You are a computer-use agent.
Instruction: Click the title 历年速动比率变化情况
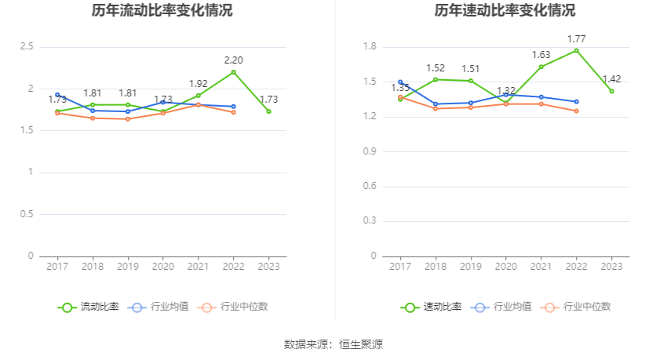(505, 11)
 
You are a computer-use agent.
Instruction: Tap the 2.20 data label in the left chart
(233, 60)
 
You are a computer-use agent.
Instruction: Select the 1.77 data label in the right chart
(576, 38)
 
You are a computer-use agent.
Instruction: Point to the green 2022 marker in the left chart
(233, 72)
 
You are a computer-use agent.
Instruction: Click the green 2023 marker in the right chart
(611, 91)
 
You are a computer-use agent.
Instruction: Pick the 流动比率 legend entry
(89, 307)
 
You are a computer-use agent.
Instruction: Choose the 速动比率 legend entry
(432, 307)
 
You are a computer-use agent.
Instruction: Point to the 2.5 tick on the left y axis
(27, 47)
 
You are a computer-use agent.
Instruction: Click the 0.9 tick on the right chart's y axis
(370, 151)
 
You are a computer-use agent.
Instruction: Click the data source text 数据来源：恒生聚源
(333, 344)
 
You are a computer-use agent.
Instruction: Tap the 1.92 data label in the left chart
(198, 83)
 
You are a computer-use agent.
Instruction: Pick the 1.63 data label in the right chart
(541, 54)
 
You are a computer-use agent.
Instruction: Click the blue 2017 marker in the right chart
(400, 82)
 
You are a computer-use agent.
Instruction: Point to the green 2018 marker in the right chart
(436, 79)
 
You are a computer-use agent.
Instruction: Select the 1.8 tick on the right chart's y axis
(370, 47)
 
